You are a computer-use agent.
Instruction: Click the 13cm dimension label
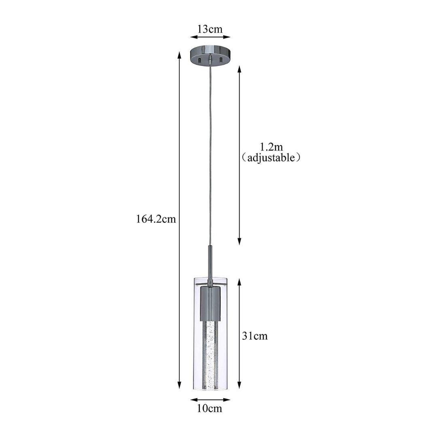point(210,29)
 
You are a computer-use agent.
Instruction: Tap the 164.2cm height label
point(156,219)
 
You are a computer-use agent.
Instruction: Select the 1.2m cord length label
point(271,147)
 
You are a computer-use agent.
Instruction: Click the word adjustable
point(271,158)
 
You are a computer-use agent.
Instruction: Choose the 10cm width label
point(210,409)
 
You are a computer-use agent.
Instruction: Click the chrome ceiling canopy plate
point(210,54)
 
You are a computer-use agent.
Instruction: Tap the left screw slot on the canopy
point(199,59)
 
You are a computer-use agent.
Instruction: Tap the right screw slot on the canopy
point(222,59)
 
